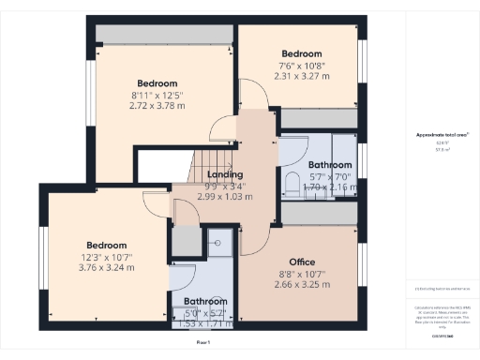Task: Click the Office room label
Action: click(301, 262)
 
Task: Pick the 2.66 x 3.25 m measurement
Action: click(301, 284)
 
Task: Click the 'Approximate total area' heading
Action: click(442, 135)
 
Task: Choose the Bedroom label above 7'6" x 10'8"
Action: click(301, 53)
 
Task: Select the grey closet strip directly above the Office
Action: click(319, 215)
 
